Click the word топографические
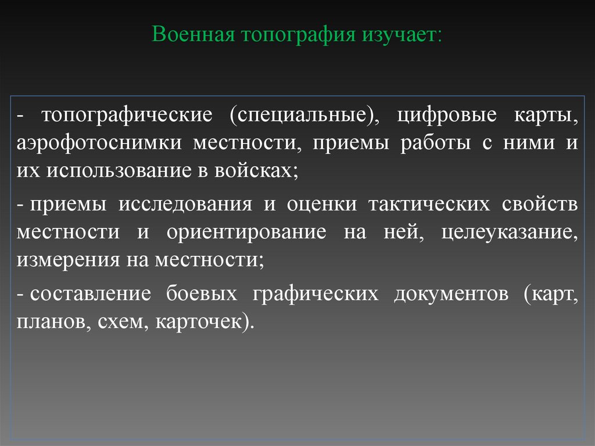tap(126, 115)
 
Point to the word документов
tap(451, 294)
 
